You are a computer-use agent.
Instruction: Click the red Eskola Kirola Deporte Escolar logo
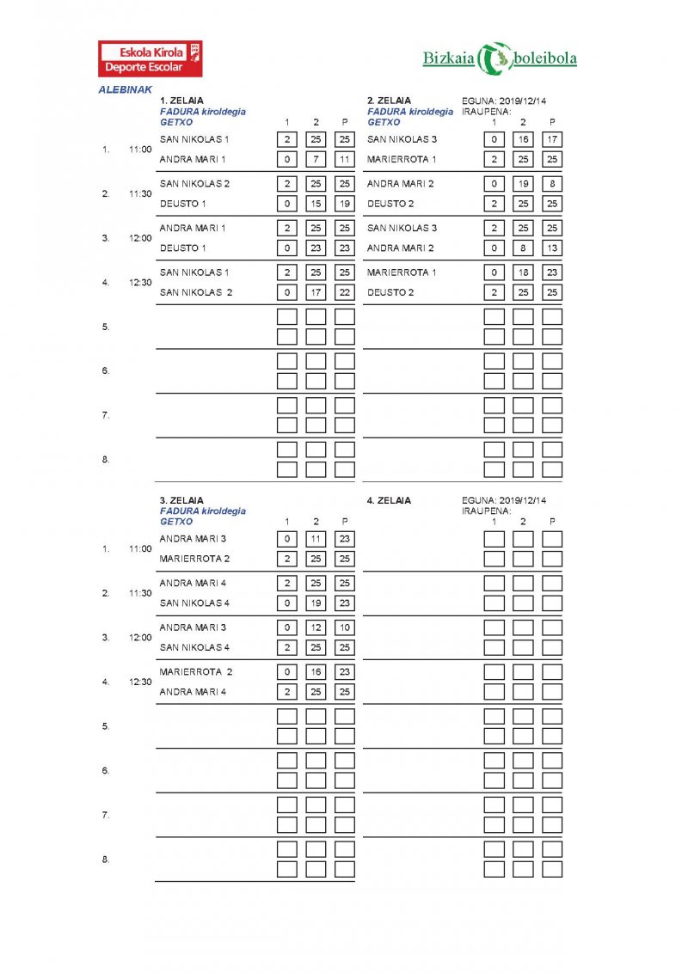point(150,58)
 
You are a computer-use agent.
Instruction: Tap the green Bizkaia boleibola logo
point(500,58)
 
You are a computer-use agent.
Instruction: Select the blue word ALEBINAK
point(126,89)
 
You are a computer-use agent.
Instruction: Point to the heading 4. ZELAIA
point(389,500)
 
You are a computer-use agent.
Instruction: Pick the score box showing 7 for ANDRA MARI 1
point(316,159)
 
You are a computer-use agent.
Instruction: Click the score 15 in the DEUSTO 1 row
point(316,204)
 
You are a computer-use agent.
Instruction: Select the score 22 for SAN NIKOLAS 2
point(345,292)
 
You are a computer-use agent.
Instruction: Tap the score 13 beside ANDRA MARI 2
point(552,248)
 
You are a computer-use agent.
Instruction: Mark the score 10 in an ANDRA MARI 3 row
point(345,627)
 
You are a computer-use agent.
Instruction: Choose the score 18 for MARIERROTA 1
point(523,272)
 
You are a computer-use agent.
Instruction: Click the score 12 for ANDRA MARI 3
point(316,627)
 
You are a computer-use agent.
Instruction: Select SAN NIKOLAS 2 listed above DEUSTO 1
point(195,184)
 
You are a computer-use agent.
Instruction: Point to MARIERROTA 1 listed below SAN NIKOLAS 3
point(402,159)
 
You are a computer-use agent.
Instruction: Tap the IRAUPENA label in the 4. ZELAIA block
point(487,511)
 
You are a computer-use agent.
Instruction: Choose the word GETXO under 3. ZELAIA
point(176,522)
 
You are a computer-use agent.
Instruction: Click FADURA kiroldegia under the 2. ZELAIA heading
point(410,112)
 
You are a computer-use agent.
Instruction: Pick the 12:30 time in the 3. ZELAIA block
point(140,682)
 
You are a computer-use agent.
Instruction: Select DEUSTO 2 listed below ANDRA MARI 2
point(390,204)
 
